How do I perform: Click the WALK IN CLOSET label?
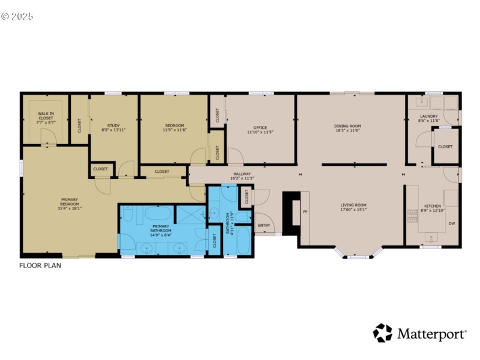46,115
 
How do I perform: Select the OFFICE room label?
260,128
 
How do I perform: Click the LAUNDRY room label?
428,116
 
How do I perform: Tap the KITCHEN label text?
433,206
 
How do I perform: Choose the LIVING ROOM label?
353,205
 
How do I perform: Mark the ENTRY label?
264,226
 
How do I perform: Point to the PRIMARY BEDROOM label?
70,202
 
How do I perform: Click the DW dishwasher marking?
451,224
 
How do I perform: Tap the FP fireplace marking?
304,212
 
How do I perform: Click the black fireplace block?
292,213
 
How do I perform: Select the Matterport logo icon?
382,333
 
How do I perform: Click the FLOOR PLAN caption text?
40,265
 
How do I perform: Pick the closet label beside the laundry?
445,146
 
